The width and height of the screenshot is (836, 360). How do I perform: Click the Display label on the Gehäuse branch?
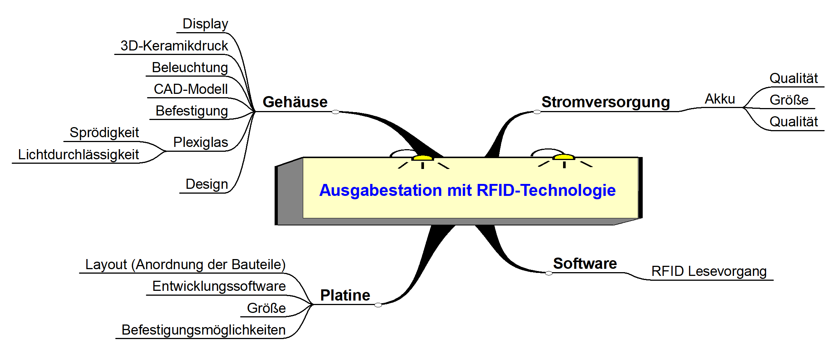point(205,24)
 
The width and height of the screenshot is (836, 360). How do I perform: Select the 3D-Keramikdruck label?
point(174,46)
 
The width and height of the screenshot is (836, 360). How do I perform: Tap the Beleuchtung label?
point(190,68)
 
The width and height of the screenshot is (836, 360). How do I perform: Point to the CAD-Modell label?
point(191,89)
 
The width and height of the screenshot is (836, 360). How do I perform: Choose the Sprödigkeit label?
point(104,133)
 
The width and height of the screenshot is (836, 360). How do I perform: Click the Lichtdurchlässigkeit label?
point(79,154)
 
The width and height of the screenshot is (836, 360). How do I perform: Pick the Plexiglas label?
point(200,142)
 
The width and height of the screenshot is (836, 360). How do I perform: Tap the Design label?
point(207,184)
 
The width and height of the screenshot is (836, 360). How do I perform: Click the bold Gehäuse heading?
point(295,102)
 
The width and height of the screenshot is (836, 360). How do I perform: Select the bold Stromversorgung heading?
point(606,102)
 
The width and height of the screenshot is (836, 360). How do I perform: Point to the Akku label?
point(720,99)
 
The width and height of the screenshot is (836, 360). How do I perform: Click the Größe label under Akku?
point(789,100)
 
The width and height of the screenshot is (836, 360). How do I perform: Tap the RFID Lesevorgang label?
point(709,271)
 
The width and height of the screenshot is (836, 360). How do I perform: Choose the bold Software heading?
point(585,264)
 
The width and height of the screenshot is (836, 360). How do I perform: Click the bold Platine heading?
point(345,295)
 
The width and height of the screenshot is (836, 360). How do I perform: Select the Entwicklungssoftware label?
point(219,286)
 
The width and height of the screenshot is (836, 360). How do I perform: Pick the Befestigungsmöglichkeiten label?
point(203,330)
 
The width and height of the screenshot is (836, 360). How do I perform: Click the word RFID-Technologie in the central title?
point(546,190)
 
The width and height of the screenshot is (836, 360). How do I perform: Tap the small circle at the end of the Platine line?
point(378,305)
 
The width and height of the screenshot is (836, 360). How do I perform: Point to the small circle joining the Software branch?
point(549,273)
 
